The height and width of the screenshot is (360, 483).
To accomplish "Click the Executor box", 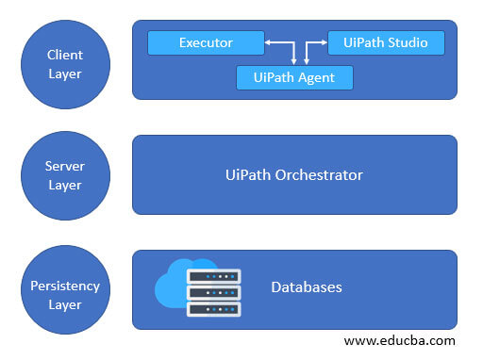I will (206, 42).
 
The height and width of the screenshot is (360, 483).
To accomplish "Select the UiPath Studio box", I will (386, 42).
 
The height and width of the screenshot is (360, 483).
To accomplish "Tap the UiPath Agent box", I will (294, 77).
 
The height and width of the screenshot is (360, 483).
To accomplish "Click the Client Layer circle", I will (65, 64).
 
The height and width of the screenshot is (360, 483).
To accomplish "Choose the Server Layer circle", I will (65, 175).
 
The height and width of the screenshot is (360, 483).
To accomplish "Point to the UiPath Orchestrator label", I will (293, 175).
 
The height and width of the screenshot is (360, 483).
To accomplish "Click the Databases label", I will (306, 286).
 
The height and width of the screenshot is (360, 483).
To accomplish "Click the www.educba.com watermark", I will (399, 340).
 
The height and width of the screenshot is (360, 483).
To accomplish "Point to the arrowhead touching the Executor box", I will (269, 42).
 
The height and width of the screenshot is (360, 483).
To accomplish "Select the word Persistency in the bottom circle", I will (65, 286).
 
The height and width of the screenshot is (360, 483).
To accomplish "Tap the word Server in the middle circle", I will (65, 166).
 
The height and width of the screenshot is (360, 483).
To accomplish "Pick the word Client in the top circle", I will (65, 55).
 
